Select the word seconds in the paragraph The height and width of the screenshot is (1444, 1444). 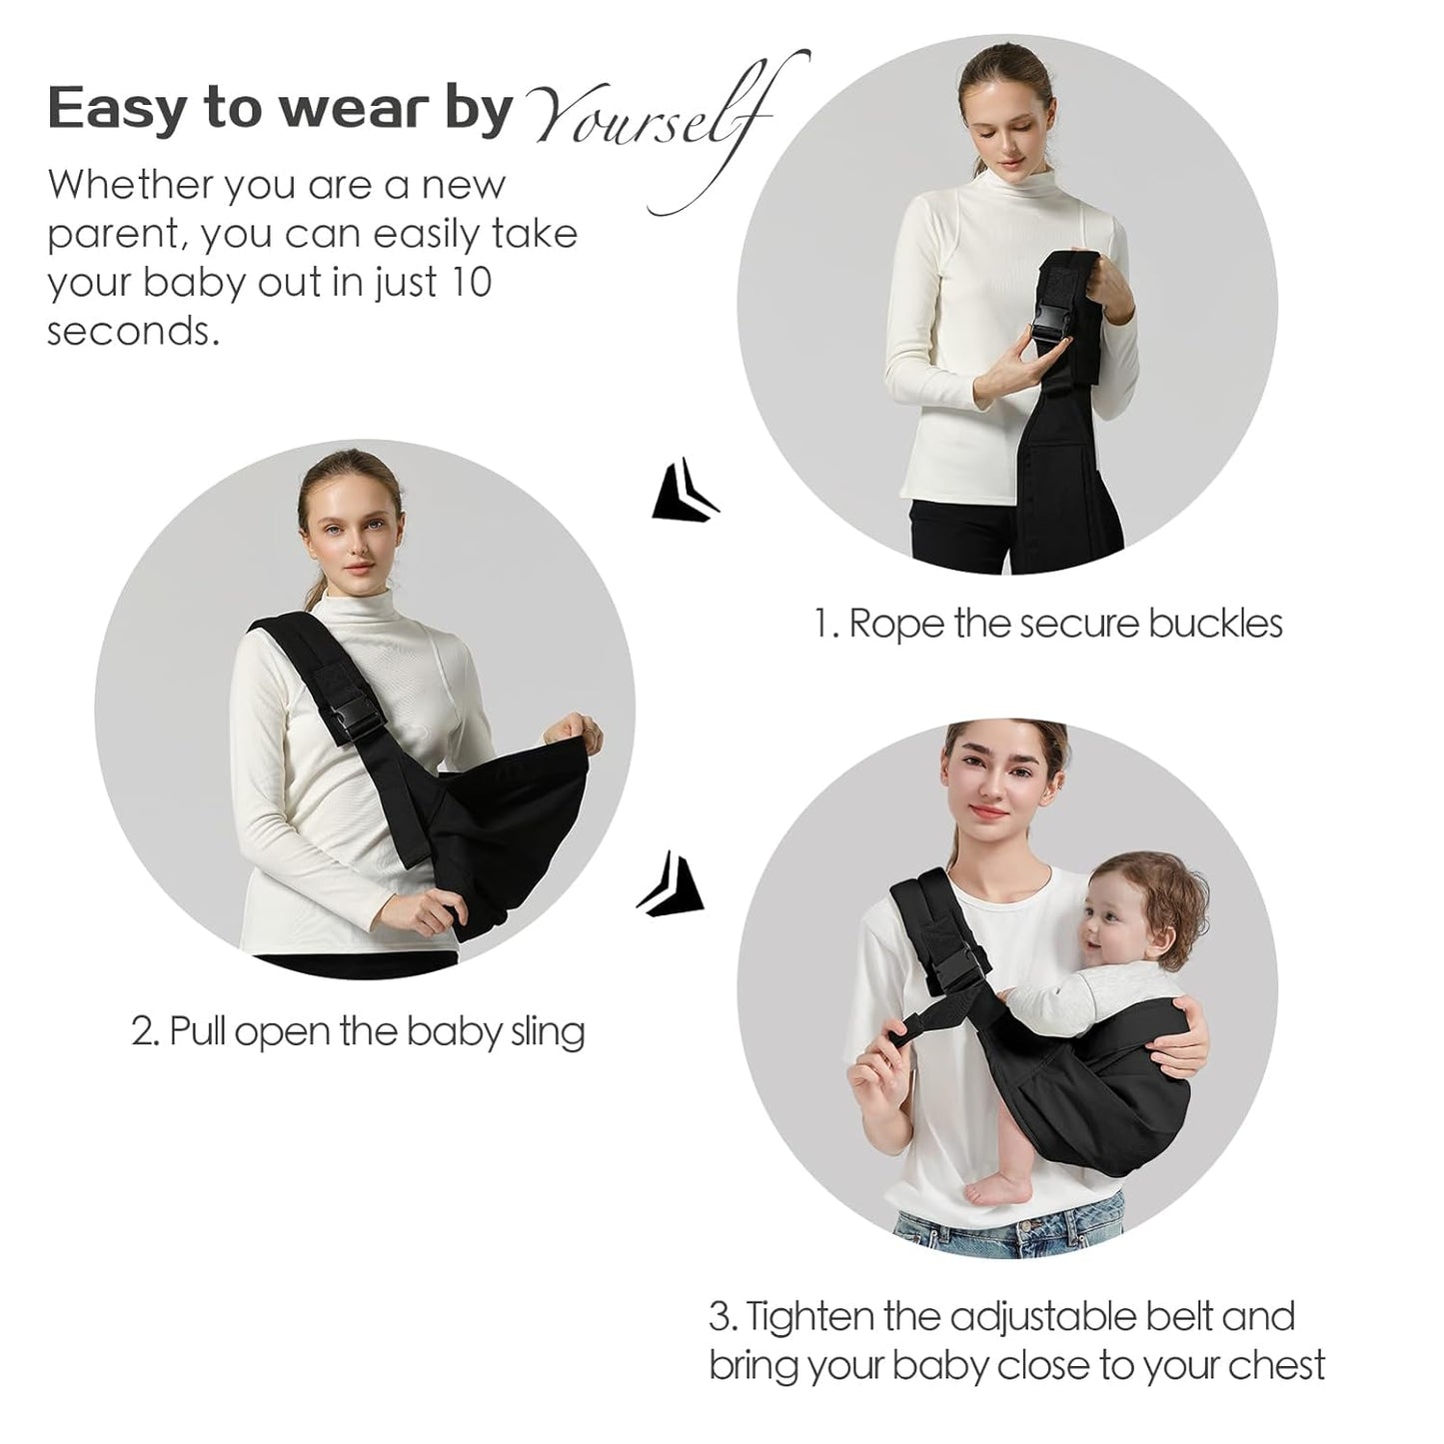(132, 331)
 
